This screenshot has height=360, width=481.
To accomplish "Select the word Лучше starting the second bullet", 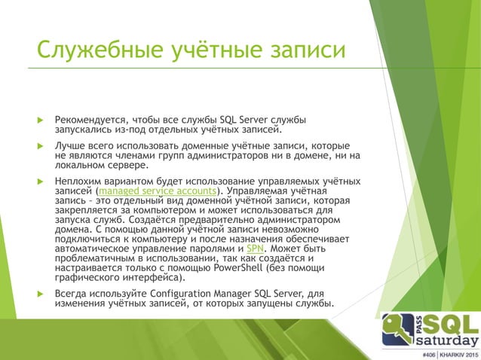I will (72, 145).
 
